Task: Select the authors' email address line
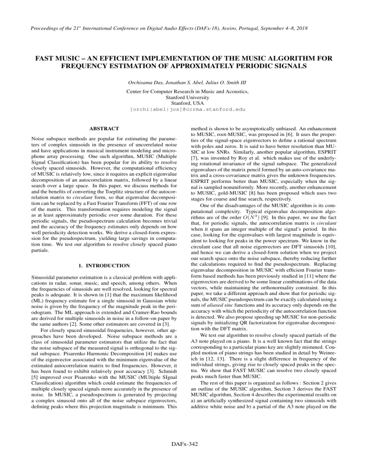point(184,110)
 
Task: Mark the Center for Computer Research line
point(184,91)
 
